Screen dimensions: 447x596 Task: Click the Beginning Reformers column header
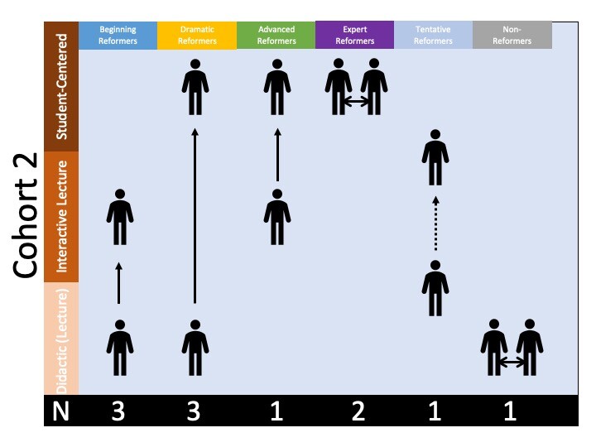(x=118, y=36)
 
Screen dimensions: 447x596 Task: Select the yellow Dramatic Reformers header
(x=197, y=36)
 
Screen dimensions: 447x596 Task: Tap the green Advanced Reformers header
(x=276, y=36)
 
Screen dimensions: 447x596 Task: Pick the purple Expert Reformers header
(x=355, y=36)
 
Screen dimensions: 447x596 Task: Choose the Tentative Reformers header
(x=434, y=36)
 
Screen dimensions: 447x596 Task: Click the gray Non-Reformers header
(x=512, y=36)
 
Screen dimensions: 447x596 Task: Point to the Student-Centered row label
(x=60, y=86)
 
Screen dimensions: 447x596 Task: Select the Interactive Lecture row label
(x=60, y=211)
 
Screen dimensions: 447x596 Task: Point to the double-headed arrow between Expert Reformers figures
(x=357, y=101)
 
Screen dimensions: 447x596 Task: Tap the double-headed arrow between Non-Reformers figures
(x=512, y=362)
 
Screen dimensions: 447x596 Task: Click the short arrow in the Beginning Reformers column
(x=118, y=283)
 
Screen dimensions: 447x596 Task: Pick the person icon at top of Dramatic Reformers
(x=195, y=87)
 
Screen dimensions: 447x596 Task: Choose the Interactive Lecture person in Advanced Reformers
(x=277, y=218)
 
